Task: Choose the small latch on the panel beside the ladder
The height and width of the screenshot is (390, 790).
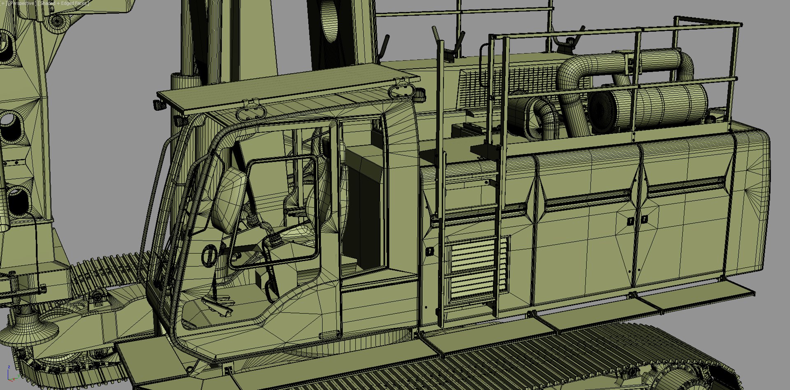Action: [430, 251]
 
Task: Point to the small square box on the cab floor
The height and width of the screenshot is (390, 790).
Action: [261, 279]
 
